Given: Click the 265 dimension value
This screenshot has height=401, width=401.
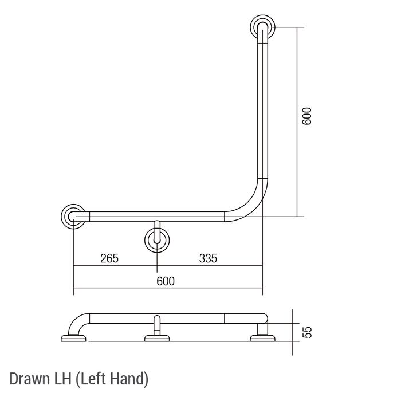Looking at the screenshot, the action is (109, 258).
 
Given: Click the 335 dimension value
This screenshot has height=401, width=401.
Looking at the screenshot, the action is (208, 258).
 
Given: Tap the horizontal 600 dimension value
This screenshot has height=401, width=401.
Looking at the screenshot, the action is (166, 281).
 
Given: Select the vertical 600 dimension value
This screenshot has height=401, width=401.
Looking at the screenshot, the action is (307, 116).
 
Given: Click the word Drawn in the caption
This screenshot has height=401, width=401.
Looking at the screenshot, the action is (30, 379).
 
